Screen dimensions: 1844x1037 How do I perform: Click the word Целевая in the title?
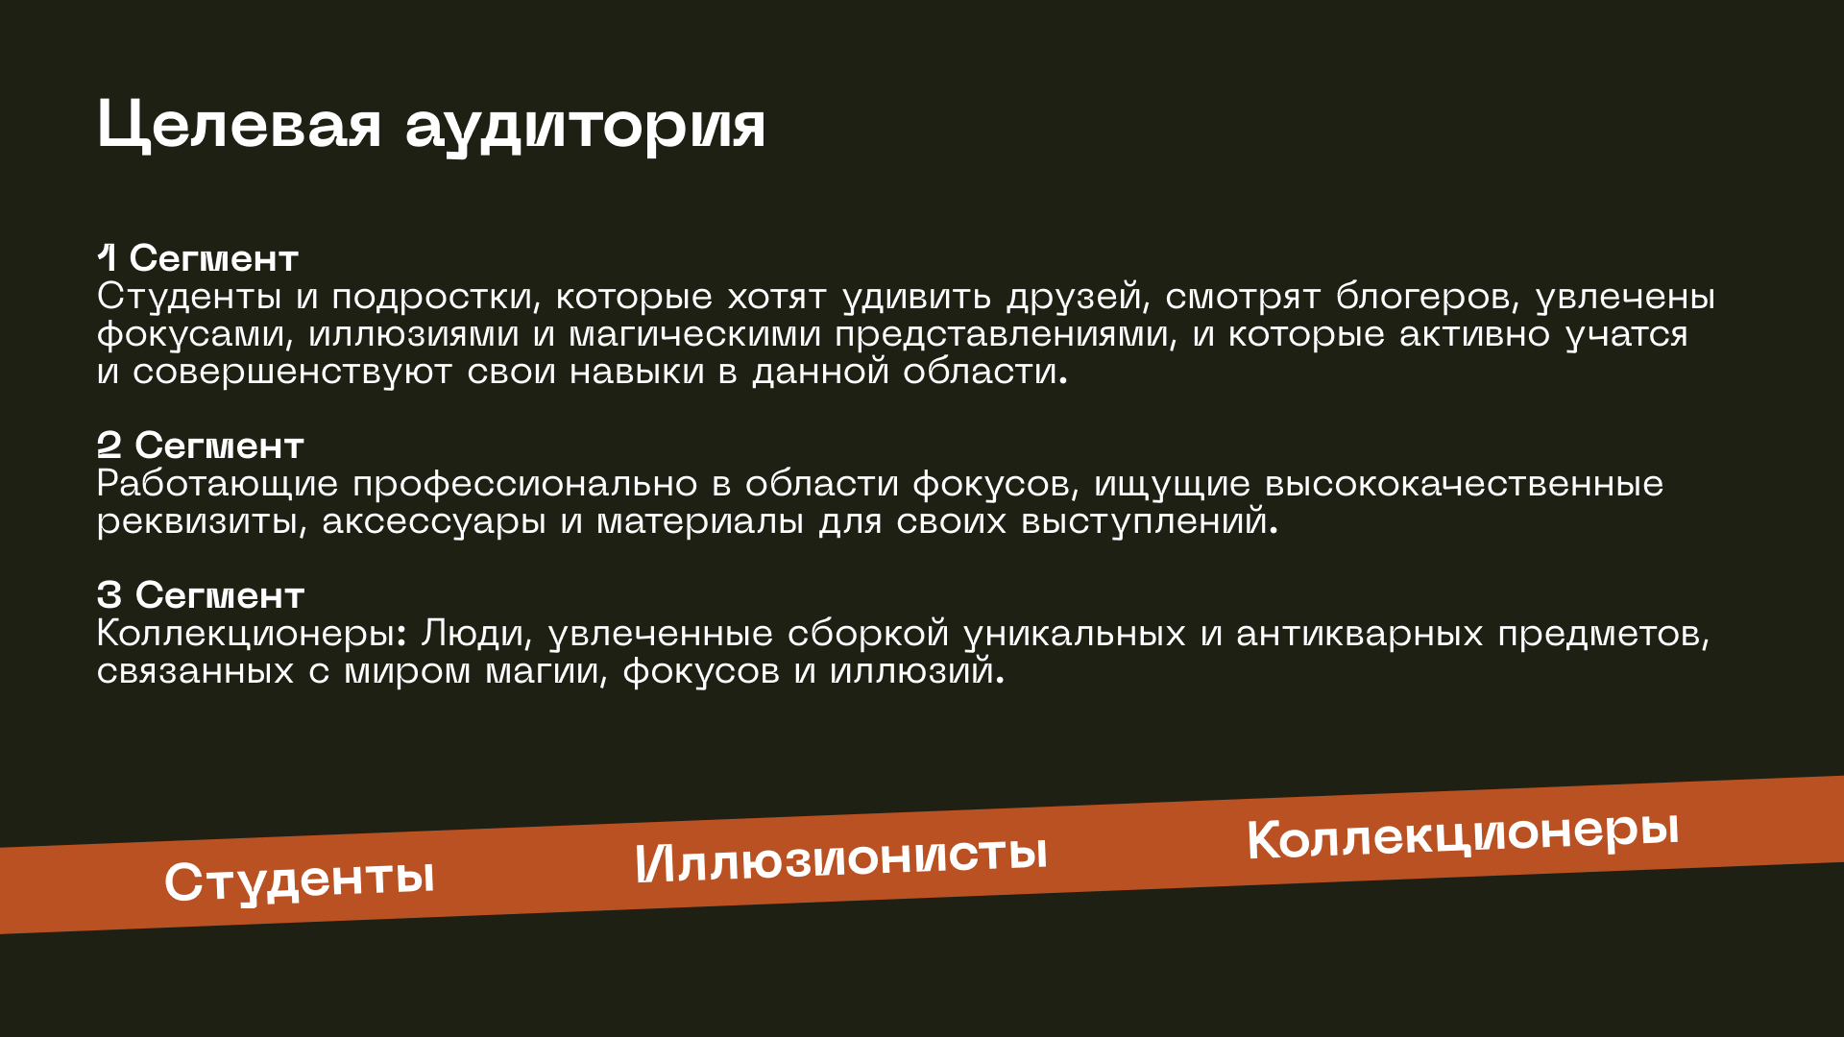click(x=239, y=126)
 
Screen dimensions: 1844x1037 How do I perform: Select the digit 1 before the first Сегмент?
click(x=107, y=257)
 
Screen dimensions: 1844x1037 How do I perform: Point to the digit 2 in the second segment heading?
click(x=109, y=445)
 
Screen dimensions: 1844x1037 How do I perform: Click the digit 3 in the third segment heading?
click(x=109, y=594)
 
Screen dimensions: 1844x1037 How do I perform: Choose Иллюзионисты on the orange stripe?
click(x=840, y=856)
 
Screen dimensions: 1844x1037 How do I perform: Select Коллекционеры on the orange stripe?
click(x=1463, y=834)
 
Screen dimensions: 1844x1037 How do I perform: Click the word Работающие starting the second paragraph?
click(x=218, y=485)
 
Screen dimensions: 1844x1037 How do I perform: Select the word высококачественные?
click(x=1464, y=484)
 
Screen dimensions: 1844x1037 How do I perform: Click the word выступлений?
click(x=1150, y=521)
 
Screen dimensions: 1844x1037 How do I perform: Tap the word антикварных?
click(x=1360, y=635)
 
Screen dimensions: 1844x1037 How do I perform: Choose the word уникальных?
click(x=1075, y=635)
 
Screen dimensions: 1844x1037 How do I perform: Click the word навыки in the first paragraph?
click(x=637, y=373)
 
